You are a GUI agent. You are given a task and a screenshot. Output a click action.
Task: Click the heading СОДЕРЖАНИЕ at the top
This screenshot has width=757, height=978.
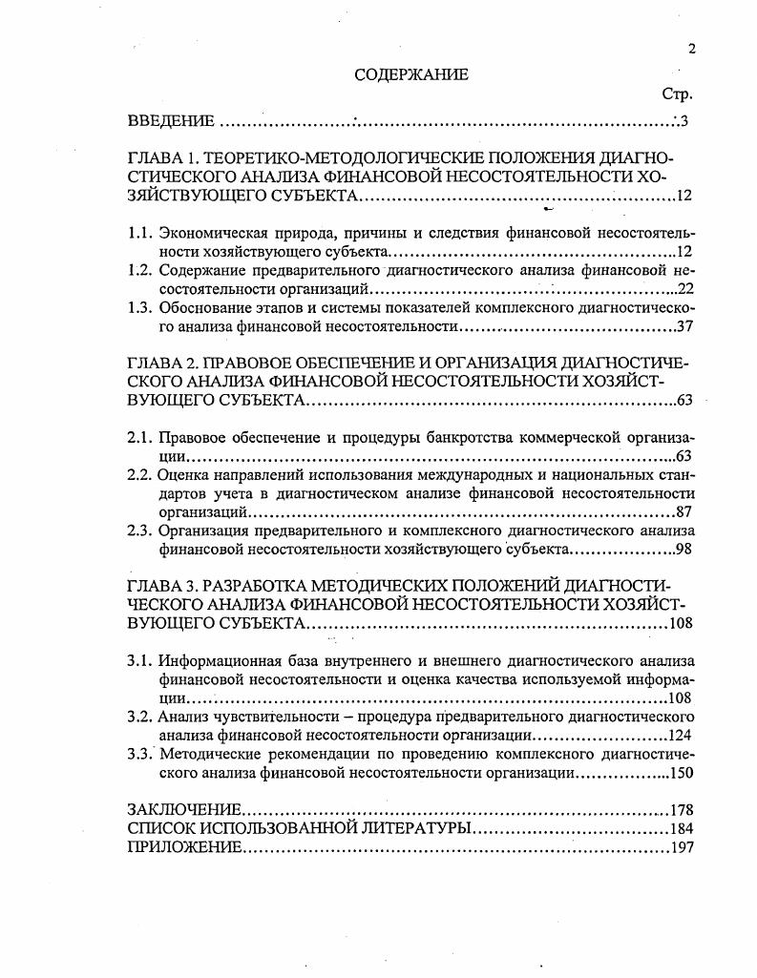pos(411,74)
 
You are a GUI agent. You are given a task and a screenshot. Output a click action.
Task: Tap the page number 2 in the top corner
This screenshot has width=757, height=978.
pos(691,51)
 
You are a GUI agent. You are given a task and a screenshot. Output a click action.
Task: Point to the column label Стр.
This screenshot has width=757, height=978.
pos(676,95)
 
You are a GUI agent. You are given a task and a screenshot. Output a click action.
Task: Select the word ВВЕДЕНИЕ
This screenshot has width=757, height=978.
pos(171,121)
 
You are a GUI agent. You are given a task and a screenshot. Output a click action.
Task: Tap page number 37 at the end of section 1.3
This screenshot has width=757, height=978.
pos(683,326)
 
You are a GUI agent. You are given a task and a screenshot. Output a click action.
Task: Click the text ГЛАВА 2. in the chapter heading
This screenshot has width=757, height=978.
pos(158,364)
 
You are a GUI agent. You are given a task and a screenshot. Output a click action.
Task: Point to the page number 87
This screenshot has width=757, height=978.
pos(683,511)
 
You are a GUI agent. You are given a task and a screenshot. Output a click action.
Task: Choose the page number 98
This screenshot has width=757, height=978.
pos(683,550)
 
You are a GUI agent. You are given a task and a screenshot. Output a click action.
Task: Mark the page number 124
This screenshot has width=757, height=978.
pos(679,736)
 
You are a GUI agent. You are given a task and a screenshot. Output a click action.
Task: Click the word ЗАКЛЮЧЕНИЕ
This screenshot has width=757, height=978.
pos(183,811)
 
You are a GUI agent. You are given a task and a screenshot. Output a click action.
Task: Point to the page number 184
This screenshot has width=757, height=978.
pos(681,828)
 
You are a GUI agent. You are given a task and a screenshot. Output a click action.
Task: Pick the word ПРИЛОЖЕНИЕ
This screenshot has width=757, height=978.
pos(184,847)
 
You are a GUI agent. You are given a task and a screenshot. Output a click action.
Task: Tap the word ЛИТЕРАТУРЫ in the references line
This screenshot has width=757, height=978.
pos(415,828)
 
